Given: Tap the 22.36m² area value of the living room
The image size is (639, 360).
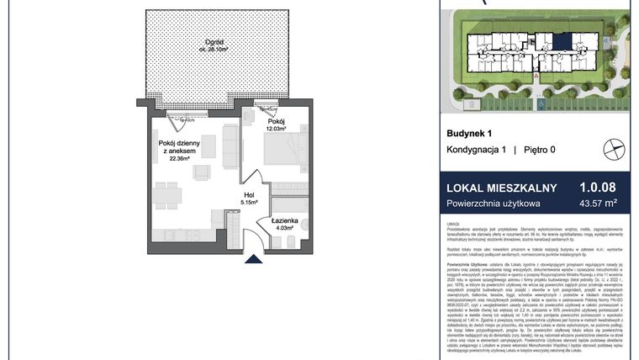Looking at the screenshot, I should point(177,157).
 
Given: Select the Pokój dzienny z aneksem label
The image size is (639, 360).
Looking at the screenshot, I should point(177,146).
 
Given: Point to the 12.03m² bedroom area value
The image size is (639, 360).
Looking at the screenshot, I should point(277,129).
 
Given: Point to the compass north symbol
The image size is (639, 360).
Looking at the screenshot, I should point(615,151).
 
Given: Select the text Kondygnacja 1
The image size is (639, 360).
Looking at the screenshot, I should point(475,150).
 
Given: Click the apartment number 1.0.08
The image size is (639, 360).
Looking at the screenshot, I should point(598,188).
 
